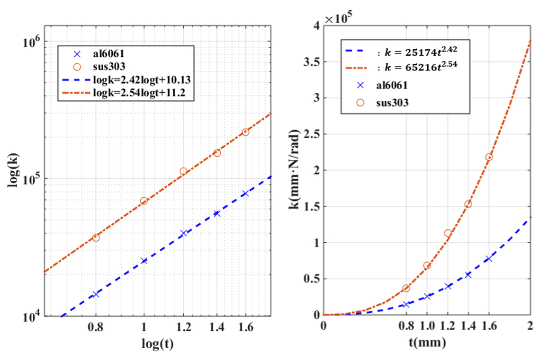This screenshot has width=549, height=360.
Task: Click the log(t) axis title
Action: click(156, 343)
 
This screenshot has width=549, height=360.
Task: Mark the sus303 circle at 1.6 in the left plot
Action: click(245, 132)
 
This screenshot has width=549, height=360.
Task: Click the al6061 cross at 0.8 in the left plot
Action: click(96, 294)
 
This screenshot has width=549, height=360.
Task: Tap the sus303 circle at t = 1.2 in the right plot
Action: click(448, 233)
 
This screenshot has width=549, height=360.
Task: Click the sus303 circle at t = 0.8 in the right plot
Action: click(406, 288)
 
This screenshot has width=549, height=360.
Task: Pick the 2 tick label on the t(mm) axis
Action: click(530, 325)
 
